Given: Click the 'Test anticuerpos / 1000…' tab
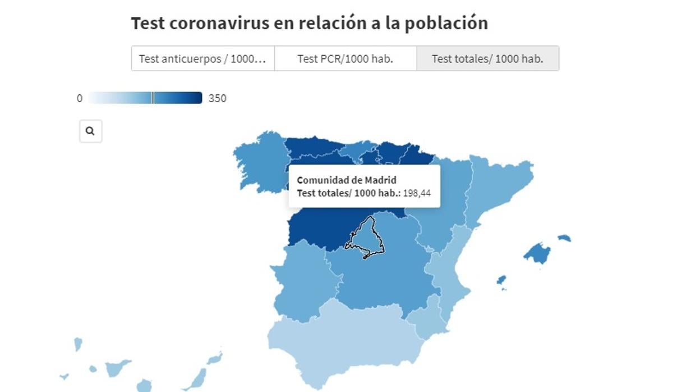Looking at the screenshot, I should pos(202,58).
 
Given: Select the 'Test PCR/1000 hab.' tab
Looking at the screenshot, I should pos(345,58).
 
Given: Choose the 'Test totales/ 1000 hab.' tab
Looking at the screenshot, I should pos(487,58).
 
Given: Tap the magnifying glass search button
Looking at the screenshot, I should pos(90,131).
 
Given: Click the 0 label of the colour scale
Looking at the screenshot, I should pos(80,98).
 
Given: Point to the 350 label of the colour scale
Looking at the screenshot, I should pos(217,98).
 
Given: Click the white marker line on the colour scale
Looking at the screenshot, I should pos(153,98).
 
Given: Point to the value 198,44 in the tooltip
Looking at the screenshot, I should pos(417,194).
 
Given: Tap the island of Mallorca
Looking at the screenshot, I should pos(537,253).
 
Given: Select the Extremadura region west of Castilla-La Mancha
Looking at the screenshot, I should pos(303,275).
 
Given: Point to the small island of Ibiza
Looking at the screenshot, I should pos(501,280).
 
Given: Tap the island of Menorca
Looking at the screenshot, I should pos(564,238).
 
